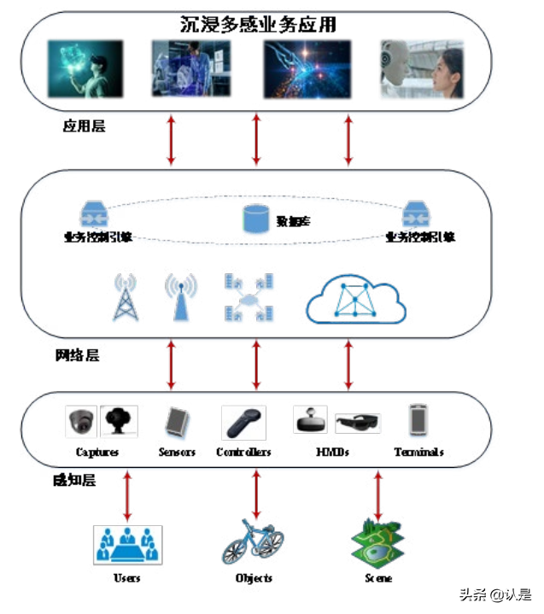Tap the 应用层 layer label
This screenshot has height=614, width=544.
click(x=83, y=126)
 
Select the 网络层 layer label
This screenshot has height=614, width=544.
click(x=76, y=354)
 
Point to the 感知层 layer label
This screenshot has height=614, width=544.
click(x=73, y=480)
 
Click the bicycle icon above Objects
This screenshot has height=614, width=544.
click(x=253, y=542)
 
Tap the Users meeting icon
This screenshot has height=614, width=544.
click(x=127, y=544)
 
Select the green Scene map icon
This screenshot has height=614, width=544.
click(x=377, y=541)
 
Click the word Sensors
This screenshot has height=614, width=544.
click(x=177, y=452)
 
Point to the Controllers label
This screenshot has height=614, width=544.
click(x=243, y=452)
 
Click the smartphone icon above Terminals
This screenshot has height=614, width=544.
click(x=418, y=419)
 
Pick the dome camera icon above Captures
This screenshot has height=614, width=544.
click(x=82, y=421)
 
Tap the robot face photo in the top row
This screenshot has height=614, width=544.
click(x=421, y=67)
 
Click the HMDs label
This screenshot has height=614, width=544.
click(x=332, y=452)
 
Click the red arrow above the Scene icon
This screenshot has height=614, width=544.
click(x=377, y=494)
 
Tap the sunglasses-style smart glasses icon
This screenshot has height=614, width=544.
click(x=358, y=423)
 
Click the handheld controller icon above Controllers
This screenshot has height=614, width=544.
click(x=243, y=421)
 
